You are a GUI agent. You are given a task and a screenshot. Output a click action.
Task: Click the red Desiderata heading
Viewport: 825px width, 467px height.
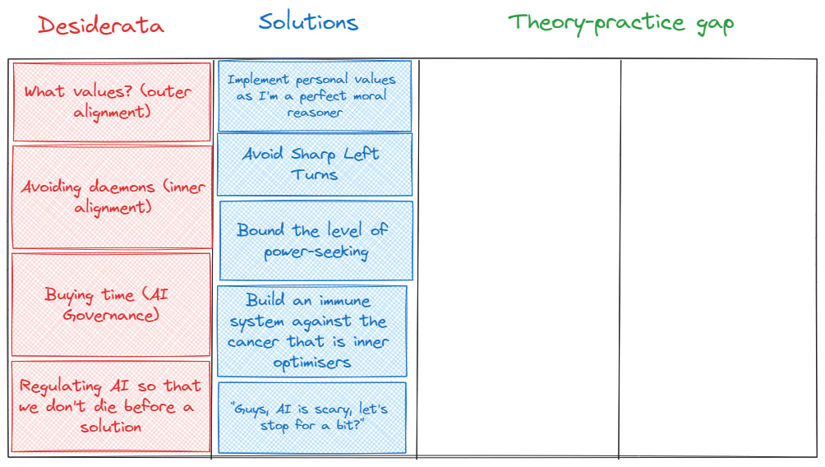(x=101, y=25)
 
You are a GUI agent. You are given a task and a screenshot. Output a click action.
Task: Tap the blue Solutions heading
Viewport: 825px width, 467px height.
(x=308, y=21)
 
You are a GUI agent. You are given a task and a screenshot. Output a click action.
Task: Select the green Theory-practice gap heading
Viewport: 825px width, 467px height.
(x=620, y=22)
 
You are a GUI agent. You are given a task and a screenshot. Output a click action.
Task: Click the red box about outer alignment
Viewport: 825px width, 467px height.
(x=112, y=102)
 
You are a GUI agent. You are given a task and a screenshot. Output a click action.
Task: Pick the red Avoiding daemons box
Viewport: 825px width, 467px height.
(x=113, y=197)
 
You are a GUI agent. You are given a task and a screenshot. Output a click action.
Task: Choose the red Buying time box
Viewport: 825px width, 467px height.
(x=111, y=304)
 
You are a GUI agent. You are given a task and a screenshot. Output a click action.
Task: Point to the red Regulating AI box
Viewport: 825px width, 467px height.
(x=111, y=406)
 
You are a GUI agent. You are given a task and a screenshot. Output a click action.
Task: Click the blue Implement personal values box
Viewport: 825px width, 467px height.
(x=315, y=96)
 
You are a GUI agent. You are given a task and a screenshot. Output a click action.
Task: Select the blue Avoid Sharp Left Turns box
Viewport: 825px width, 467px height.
(x=314, y=164)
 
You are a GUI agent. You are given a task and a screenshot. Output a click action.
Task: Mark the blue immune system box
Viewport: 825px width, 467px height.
(x=312, y=331)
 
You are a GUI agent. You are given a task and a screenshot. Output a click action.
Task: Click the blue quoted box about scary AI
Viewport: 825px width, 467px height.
(x=311, y=417)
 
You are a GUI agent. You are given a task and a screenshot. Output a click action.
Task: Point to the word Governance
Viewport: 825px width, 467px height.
(x=111, y=315)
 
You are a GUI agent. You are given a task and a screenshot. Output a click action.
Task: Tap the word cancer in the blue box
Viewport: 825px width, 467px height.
(x=256, y=342)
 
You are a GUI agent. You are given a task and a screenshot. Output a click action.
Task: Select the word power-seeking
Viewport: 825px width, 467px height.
(x=316, y=252)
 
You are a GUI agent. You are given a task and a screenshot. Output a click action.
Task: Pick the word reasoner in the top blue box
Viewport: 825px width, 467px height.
(x=315, y=113)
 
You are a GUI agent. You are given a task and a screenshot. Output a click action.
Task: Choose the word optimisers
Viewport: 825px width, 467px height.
(x=311, y=363)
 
